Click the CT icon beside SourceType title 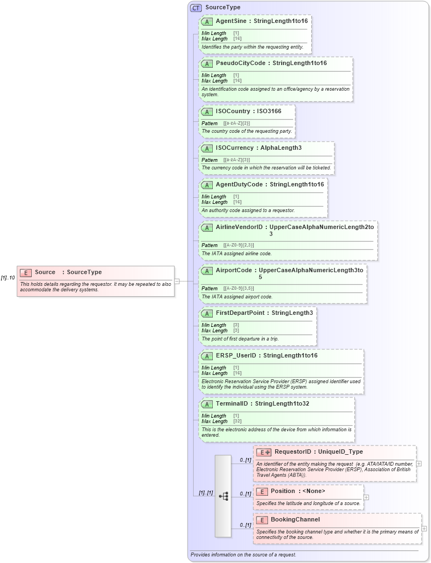196,8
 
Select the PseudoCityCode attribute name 240,63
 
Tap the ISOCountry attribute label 232,112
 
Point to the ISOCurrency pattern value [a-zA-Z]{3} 236,160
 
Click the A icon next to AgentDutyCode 207,185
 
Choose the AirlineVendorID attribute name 239,227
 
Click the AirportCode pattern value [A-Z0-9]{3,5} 238,288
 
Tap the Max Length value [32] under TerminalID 237,421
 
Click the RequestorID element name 293,452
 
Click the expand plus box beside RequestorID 419,464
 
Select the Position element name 283,491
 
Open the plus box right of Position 366,497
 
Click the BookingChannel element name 295,520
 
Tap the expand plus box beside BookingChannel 424,529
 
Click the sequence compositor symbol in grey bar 223,496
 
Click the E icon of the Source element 25,272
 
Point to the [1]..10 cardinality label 8,278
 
